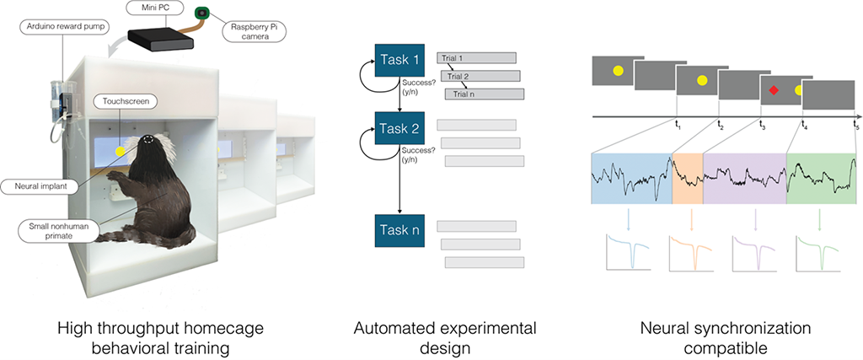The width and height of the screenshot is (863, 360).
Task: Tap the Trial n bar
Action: point(485,94)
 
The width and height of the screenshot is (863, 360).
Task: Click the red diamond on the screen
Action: point(772,90)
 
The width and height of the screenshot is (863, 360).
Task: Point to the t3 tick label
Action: point(762,126)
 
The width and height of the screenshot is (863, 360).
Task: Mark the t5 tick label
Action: point(855,126)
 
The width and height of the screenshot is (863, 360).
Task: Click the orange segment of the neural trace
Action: point(687,179)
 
